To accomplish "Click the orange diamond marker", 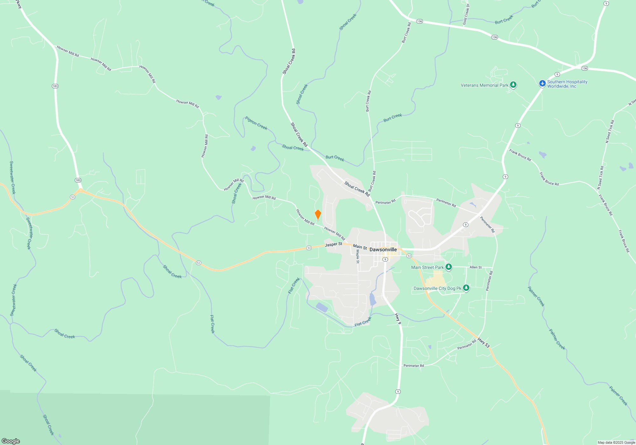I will pos(318,215).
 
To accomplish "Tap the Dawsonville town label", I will pos(383,250).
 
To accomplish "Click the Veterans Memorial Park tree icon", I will pos(513,85).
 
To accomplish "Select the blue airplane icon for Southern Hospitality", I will pos(542,83).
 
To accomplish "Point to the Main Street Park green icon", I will pos(448,267).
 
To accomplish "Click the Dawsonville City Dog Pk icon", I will pos(466,288).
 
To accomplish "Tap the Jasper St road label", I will pos(333,244).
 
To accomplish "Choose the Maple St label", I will pos(357,256).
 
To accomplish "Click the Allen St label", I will pos(475,267).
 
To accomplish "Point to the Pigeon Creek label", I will pos(256,123).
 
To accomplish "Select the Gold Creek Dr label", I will pos(466,15).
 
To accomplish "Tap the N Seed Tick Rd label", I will pos(610,131).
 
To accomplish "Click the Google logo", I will pos(11,441).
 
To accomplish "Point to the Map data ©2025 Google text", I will pos(616,442).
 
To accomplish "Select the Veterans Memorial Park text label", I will pos(484,85).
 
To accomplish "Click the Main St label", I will pos(360,247).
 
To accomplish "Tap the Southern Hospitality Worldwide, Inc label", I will pos(567,84).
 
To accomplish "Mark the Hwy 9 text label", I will pos(398,318).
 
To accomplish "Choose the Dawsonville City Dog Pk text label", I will pos(437,288).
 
